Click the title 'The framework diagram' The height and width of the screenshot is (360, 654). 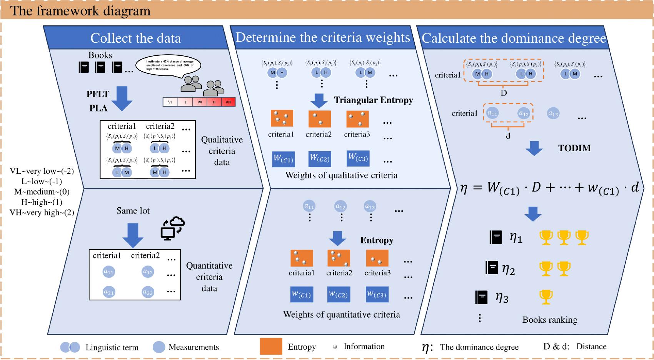(x=80, y=10)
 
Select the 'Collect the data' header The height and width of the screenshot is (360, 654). (x=135, y=38)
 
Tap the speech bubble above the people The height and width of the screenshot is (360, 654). (x=168, y=66)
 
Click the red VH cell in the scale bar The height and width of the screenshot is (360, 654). (x=228, y=102)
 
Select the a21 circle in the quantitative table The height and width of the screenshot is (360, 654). (x=109, y=292)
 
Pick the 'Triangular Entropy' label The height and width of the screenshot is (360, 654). (x=373, y=100)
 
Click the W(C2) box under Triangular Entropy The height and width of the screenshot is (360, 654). (x=319, y=158)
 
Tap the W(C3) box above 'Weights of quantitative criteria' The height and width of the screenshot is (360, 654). (x=377, y=295)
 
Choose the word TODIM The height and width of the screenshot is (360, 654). (x=574, y=148)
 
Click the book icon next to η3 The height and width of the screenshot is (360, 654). (x=481, y=297)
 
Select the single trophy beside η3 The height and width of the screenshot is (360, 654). (x=546, y=297)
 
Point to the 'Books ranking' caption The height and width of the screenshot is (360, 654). (x=549, y=320)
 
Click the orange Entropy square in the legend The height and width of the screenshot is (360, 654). (x=271, y=347)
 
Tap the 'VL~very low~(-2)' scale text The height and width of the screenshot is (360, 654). (x=42, y=171)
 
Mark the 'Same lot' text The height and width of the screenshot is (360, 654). (x=133, y=211)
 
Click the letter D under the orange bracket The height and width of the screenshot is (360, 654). (x=504, y=93)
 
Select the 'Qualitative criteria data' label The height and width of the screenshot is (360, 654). (x=222, y=151)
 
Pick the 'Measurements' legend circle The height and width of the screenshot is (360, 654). (x=159, y=347)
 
